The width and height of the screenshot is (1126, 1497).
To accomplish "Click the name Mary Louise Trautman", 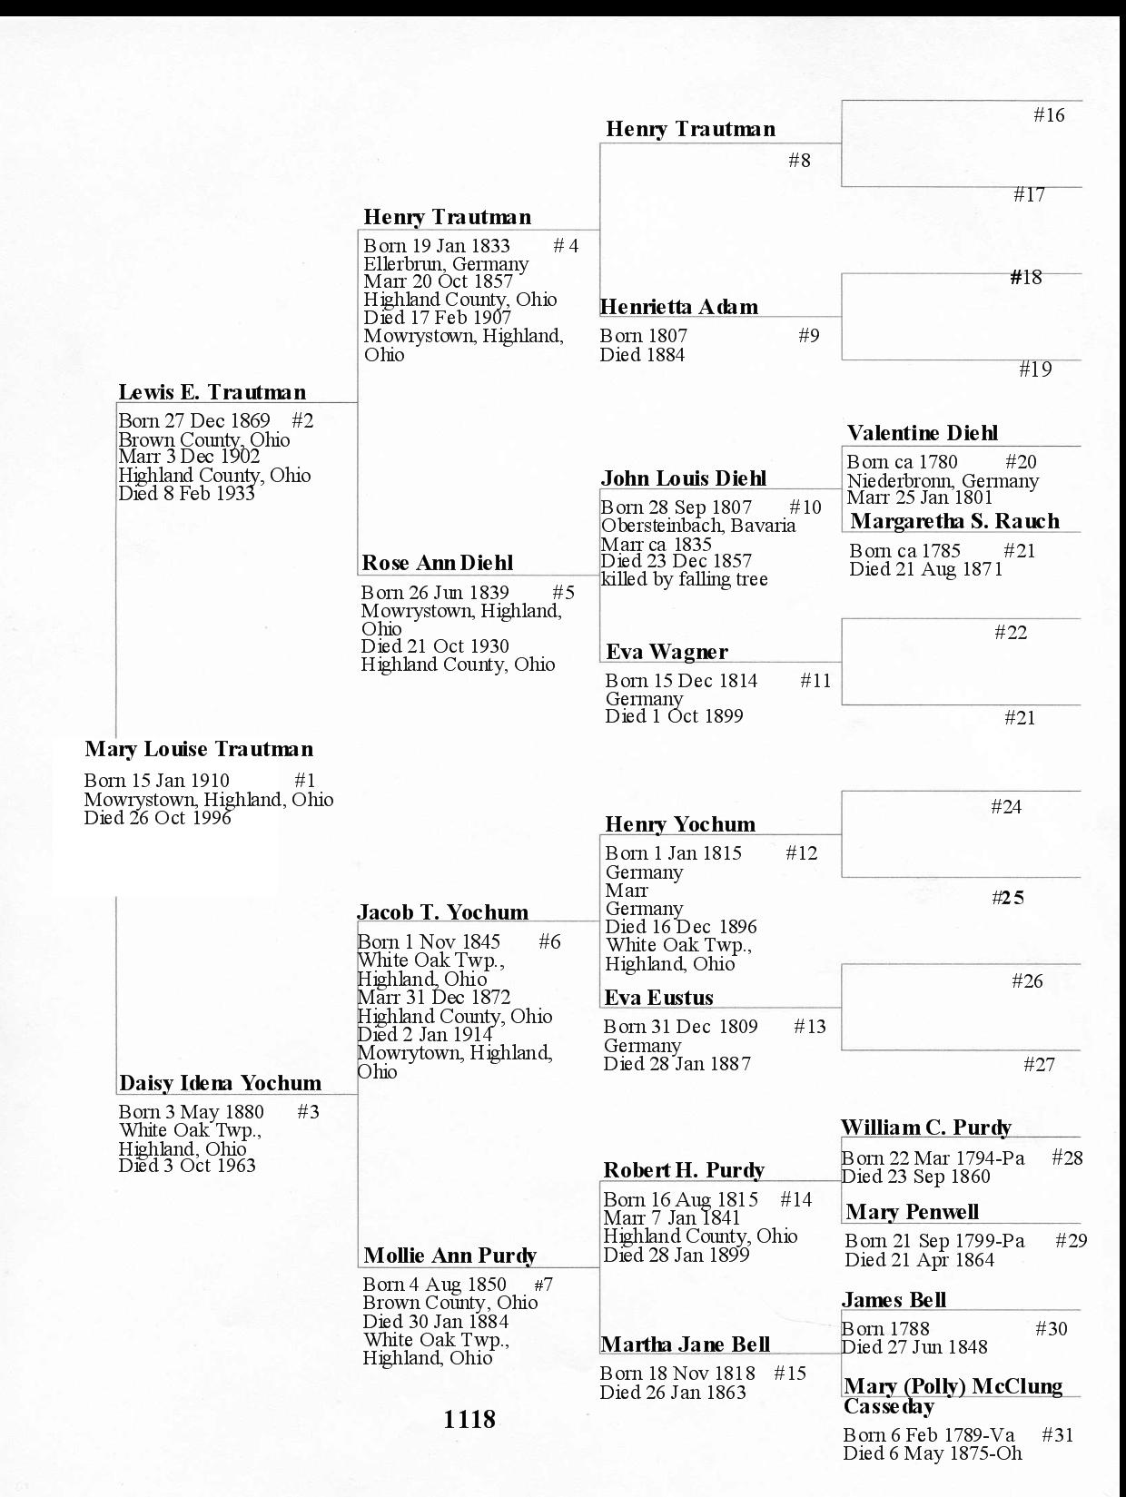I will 199,750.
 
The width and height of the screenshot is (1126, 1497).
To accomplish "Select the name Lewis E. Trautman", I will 212,392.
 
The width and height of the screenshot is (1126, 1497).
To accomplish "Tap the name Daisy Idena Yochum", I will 220,1083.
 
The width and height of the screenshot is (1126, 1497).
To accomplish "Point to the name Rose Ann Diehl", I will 437,563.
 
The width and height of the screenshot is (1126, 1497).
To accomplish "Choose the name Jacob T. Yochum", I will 442,912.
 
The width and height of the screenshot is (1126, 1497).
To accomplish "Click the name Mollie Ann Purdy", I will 449,1256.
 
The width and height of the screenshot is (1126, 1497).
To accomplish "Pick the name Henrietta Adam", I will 678,307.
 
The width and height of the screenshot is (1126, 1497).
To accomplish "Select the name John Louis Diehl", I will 683,478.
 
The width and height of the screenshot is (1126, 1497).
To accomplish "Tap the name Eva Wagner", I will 667,652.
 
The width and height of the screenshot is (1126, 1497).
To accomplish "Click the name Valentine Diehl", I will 922,433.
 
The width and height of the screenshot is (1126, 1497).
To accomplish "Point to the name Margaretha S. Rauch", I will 954,521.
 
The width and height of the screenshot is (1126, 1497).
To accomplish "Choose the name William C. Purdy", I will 925,1128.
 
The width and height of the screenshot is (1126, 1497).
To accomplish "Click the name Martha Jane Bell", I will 685,1344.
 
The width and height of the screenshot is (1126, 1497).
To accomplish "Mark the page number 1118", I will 469,1419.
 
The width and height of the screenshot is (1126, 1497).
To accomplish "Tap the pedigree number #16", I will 1049,115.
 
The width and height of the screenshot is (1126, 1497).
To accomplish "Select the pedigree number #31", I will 1057,1435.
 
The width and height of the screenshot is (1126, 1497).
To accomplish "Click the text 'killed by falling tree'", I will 684,579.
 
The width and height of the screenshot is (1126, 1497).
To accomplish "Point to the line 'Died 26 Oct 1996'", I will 157,818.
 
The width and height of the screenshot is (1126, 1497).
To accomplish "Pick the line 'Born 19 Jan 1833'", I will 437,246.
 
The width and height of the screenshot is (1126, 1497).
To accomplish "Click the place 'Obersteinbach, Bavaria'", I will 697,526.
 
